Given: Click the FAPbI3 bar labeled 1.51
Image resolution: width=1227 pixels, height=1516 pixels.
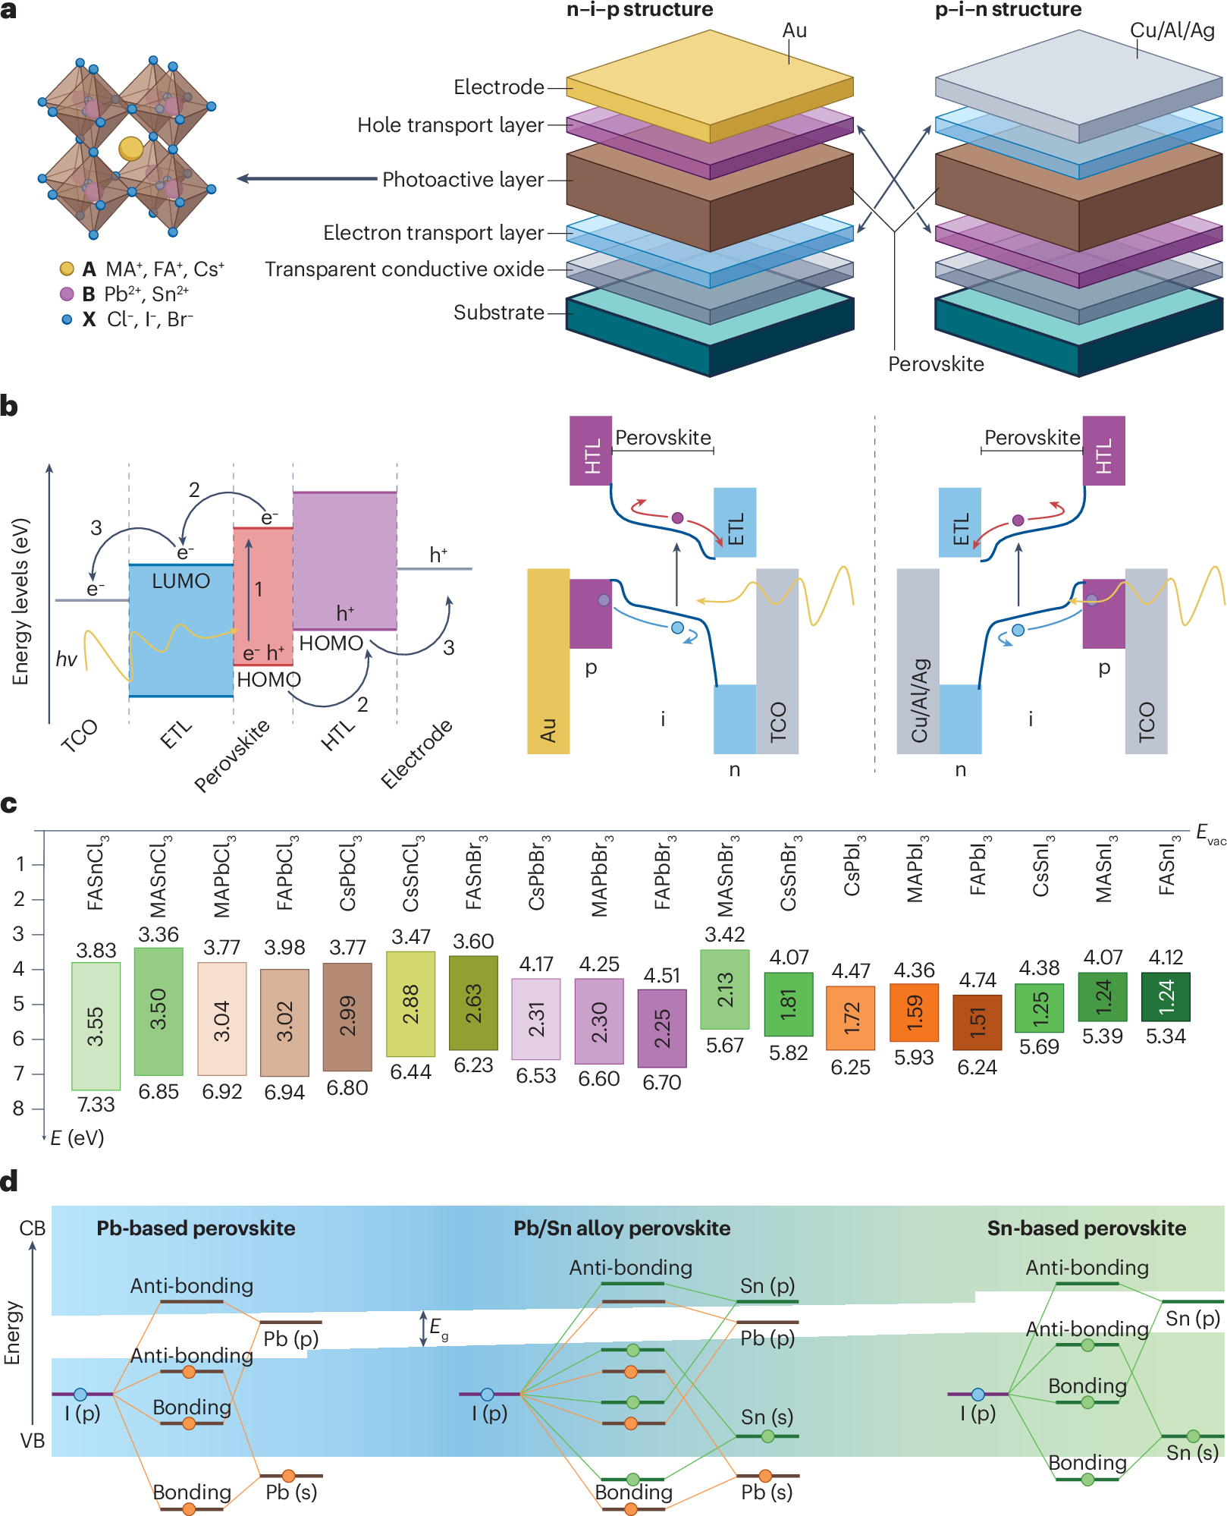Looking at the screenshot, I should (978, 1023).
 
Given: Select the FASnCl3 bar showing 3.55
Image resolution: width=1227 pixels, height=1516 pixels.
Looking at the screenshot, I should (96, 1025).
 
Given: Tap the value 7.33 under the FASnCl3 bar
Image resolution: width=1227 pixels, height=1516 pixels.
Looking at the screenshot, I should (96, 1104).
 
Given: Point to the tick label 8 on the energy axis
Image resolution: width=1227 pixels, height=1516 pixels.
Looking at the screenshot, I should (19, 1109).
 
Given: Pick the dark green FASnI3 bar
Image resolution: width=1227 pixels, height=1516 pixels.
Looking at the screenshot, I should (1166, 996).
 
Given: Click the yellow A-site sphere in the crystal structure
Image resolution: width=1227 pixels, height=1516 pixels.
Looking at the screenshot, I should (131, 148).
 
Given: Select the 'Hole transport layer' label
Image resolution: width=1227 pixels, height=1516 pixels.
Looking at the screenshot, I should (450, 124).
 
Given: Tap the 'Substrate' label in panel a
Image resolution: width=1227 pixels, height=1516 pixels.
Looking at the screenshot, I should (498, 312).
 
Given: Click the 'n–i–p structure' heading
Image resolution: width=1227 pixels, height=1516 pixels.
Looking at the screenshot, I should (639, 10).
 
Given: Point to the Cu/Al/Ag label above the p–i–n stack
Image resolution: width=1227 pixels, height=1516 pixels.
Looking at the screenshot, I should (1172, 30).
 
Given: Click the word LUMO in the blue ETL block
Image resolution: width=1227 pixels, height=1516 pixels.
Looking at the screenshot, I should (180, 581).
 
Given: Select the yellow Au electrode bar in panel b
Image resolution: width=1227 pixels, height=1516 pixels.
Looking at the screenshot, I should (548, 660).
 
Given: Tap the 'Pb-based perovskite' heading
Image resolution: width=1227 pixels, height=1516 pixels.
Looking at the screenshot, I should (196, 1228).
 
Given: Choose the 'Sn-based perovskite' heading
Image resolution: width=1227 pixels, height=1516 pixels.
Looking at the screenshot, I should (1086, 1228).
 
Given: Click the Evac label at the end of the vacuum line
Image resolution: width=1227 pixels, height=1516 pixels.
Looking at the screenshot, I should (1209, 833).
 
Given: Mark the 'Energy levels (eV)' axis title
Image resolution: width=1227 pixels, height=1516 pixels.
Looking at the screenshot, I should (20, 602).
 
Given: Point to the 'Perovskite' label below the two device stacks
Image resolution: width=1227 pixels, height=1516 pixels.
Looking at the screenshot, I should (936, 364).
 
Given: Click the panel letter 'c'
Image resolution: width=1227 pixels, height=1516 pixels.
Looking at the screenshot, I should (9, 804).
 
